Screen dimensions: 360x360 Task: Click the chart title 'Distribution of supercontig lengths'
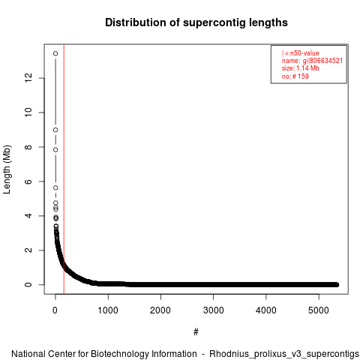[x=196, y=22]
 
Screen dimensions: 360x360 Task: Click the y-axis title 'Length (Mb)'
[x=7, y=169]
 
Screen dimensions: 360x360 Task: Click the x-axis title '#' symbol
[x=196, y=332]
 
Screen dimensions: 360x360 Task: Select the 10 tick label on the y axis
[x=28, y=112]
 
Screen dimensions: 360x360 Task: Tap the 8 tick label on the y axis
[x=28, y=147]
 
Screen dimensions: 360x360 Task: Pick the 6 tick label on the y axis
[x=28, y=181]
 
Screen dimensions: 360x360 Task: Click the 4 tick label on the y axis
[x=28, y=216]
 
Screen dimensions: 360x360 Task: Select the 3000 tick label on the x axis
[x=214, y=310]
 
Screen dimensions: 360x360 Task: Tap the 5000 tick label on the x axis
[x=319, y=310]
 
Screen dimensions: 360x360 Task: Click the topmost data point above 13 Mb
[x=55, y=53]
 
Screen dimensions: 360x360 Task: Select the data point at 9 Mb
[x=55, y=130]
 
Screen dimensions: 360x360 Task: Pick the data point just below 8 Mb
[x=55, y=150]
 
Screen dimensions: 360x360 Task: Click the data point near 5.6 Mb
[x=55, y=187]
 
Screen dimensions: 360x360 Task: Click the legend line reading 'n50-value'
[x=301, y=53]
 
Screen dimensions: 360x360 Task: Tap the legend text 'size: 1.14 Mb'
[x=301, y=68]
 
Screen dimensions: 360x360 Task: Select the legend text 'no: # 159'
[x=295, y=76]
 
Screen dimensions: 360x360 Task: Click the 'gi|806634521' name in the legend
[x=322, y=61]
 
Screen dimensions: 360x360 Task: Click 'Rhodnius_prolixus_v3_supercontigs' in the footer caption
[x=284, y=354]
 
